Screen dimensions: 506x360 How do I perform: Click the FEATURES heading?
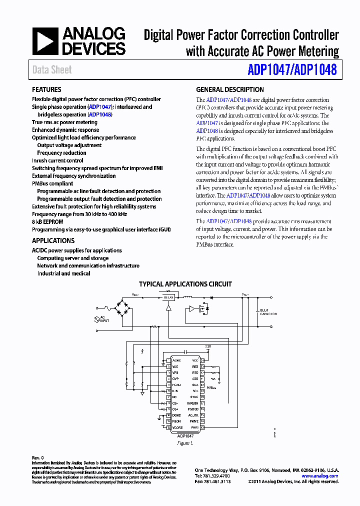pos(46,89)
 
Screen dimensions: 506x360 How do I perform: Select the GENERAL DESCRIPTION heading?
pos(229,89)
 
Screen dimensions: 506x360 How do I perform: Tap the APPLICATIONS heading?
pos(53,240)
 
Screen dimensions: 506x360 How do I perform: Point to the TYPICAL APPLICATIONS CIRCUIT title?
pos(185,284)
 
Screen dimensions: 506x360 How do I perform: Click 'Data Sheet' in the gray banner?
pos(52,70)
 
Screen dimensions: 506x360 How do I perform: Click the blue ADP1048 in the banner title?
pos(315,69)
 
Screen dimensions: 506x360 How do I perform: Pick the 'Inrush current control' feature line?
pos(57,160)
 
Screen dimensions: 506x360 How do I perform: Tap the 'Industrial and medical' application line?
pos(63,273)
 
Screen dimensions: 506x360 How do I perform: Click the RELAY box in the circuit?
pos(168,297)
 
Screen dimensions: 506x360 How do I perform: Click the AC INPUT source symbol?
pos(97,318)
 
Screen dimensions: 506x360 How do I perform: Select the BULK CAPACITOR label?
pos(268,312)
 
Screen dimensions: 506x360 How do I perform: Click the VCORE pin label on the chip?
pos(177,427)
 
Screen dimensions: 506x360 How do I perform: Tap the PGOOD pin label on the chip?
pos(192,409)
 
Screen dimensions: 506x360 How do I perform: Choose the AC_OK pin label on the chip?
pos(193,415)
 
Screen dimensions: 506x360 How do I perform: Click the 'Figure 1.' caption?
pos(184,443)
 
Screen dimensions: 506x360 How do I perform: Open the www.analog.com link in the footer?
pos(319,476)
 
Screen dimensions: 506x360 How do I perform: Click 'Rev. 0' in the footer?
pos(38,457)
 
